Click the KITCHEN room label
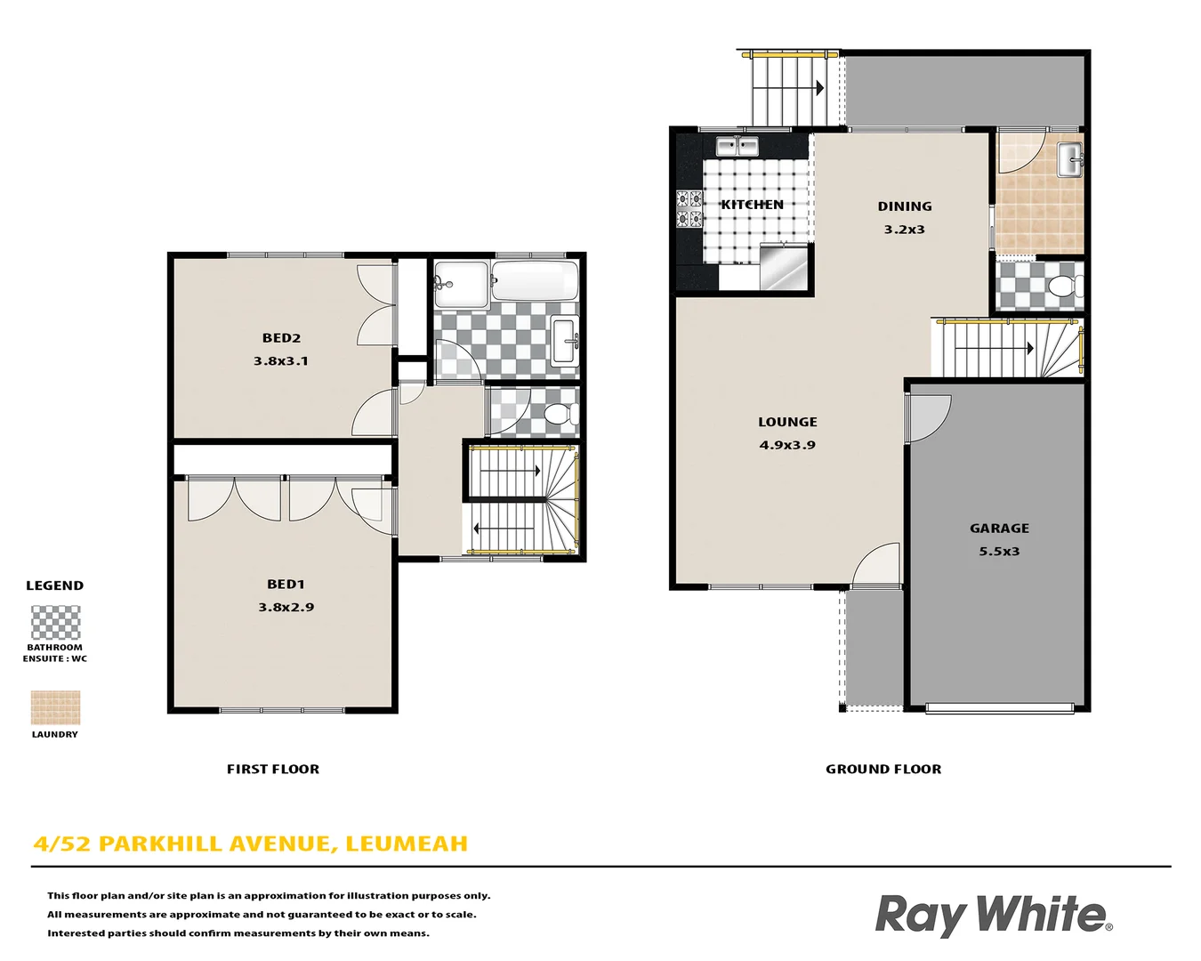[x=752, y=205]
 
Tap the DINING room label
[x=905, y=206]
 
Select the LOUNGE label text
[x=787, y=422]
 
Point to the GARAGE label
[x=999, y=529]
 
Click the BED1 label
[x=286, y=585]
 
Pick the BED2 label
[x=281, y=338]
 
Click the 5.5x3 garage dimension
[x=999, y=552]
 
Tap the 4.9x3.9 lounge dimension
[x=787, y=445]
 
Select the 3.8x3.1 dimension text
[x=281, y=361]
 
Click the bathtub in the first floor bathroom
[x=535, y=281]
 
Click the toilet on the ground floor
[x=1062, y=287]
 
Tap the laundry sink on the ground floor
[x=1068, y=160]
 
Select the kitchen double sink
[x=737, y=146]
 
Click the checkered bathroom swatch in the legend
[x=55, y=623]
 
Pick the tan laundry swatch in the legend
[x=55, y=707]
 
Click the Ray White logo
[x=994, y=915]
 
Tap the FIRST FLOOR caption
[x=273, y=770]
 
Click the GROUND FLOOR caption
[x=883, y=770]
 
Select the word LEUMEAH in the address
[x=407, y=844]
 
